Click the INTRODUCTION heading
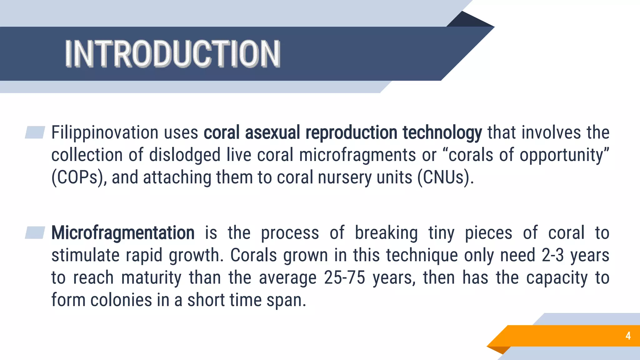pos(172,54)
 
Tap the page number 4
pos(628,336)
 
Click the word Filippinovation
pos(105,132)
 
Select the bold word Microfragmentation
pos(123,233)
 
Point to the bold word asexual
pos(272,132)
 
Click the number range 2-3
pos(552,255)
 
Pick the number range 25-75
pos(344,278)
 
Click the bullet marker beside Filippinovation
pos(35,132)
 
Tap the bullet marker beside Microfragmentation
pos(35,233)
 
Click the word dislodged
pos(185,155)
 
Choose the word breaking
pos(386,233)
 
